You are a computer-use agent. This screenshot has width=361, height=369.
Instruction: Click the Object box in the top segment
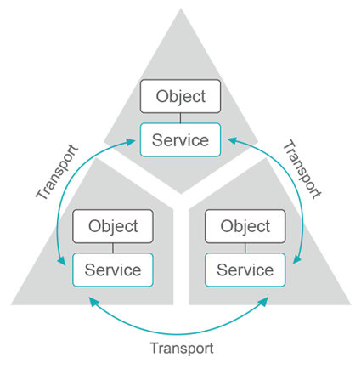click(x=180, y=95)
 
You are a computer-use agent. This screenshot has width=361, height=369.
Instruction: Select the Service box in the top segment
click(x=180, y=139)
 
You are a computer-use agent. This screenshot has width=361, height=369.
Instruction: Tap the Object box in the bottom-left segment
click(x=112, y=227)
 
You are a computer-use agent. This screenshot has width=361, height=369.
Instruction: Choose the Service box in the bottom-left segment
click(x=112, y=270)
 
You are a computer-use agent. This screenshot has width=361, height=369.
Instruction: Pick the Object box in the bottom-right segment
click(x=245, y=227)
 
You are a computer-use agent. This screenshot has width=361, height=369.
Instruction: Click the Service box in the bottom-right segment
click(x=245, y=270)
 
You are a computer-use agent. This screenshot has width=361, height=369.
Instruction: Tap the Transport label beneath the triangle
click(x=181, y=347)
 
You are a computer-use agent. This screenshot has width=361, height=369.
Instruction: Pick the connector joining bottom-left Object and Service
click(x=112, y=248)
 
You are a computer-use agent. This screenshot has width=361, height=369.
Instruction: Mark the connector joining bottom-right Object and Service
click(x=245, y=248)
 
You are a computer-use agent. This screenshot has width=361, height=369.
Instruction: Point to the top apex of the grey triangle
click(x=181, y=9)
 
